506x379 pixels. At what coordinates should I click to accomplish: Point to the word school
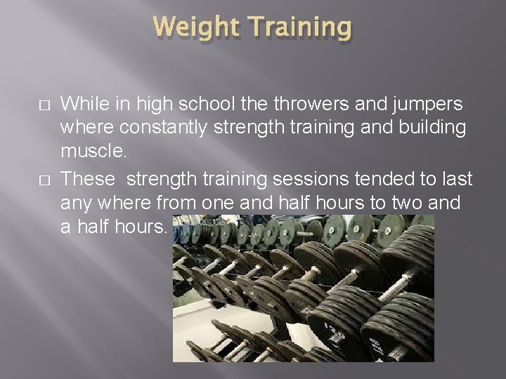pyautogui.click(x=206, y=104)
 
